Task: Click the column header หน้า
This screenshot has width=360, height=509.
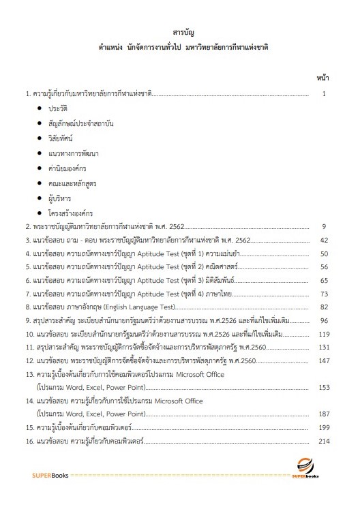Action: (x=323, y=78)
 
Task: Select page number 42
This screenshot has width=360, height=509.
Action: (x=324, y=241)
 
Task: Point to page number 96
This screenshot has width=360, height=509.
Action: (x=324, y=320)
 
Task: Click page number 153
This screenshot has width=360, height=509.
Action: (x=324, y=387)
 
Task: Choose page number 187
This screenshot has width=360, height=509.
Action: (x=324, y=414)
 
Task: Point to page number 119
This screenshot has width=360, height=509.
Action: (x=324, y=334)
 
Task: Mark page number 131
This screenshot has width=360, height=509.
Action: (x=324, y=348)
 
